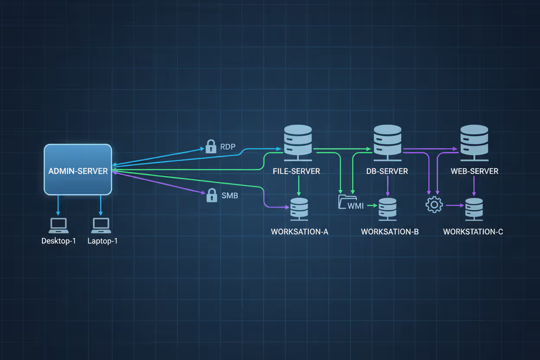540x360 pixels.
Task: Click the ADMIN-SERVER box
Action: tap(78, 170)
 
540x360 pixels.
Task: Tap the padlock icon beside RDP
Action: tap(211, 146)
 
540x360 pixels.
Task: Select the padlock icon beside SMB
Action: tap(212, 195)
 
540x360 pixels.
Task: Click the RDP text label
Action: tap(228, 147)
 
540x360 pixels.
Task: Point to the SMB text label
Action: tap(230, 196)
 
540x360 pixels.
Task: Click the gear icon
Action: tap(434, 205)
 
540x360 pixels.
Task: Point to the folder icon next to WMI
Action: tap(345, 202)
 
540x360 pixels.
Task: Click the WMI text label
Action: tap(356, 206)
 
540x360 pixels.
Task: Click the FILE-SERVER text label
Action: tap(296, 171)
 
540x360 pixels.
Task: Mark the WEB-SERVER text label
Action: tap(474, 171)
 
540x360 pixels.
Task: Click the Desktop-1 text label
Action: tap(58, 241)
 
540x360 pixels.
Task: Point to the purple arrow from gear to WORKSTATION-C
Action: tap(454, 206)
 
